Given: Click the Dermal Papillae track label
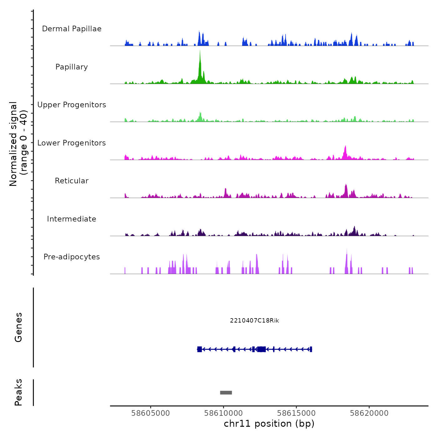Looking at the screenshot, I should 72,29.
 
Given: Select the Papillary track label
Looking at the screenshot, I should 72,67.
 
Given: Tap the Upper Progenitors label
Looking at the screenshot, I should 72,105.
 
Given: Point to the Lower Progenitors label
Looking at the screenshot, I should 72,143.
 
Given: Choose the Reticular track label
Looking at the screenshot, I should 72,181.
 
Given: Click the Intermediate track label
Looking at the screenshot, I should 72,219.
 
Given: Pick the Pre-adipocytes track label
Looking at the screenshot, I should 72,257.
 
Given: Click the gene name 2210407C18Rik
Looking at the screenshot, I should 254,321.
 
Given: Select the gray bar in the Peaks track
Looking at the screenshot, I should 226,393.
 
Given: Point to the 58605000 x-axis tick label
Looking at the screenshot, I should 150,413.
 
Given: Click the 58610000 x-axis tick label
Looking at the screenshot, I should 223,413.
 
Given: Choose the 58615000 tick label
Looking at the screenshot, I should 296,413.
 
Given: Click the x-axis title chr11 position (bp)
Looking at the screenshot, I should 269,424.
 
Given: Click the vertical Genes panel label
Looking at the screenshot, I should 18,327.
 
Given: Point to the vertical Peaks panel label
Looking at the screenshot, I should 18,392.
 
